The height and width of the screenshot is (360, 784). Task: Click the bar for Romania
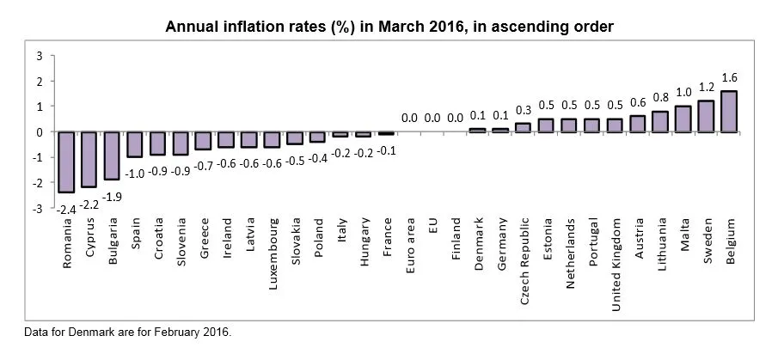click(65, 162)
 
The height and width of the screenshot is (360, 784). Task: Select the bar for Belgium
click(729, 112)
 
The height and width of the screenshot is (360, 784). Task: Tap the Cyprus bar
click(89, 160)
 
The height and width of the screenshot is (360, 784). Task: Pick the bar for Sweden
click(706, 117)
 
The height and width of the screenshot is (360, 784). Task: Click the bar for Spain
click(135, 144)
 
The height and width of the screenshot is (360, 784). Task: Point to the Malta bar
click(683, 119)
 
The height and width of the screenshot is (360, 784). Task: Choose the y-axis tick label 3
click(40, 56)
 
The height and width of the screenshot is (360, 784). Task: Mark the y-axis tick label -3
click(37, 209)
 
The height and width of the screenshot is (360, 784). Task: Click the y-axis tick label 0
click(40, 132)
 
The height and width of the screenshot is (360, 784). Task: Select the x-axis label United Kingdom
click(616, 256)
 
